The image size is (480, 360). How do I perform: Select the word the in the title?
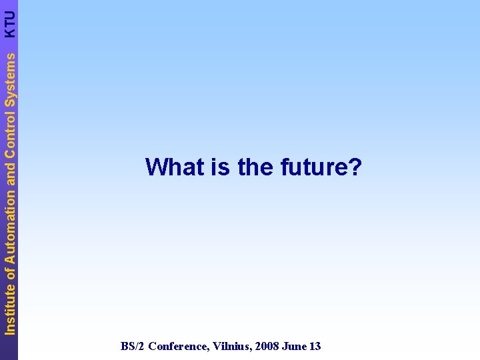(255, 167)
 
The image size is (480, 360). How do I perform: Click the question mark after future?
(355, 167)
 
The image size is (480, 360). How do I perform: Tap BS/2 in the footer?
(133, 346)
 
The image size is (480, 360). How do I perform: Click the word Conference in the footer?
(179, 346)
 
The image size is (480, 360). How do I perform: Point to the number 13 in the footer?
(315, 346)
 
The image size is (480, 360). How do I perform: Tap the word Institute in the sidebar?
(9, 307)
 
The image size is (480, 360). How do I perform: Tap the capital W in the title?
(155, 167)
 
